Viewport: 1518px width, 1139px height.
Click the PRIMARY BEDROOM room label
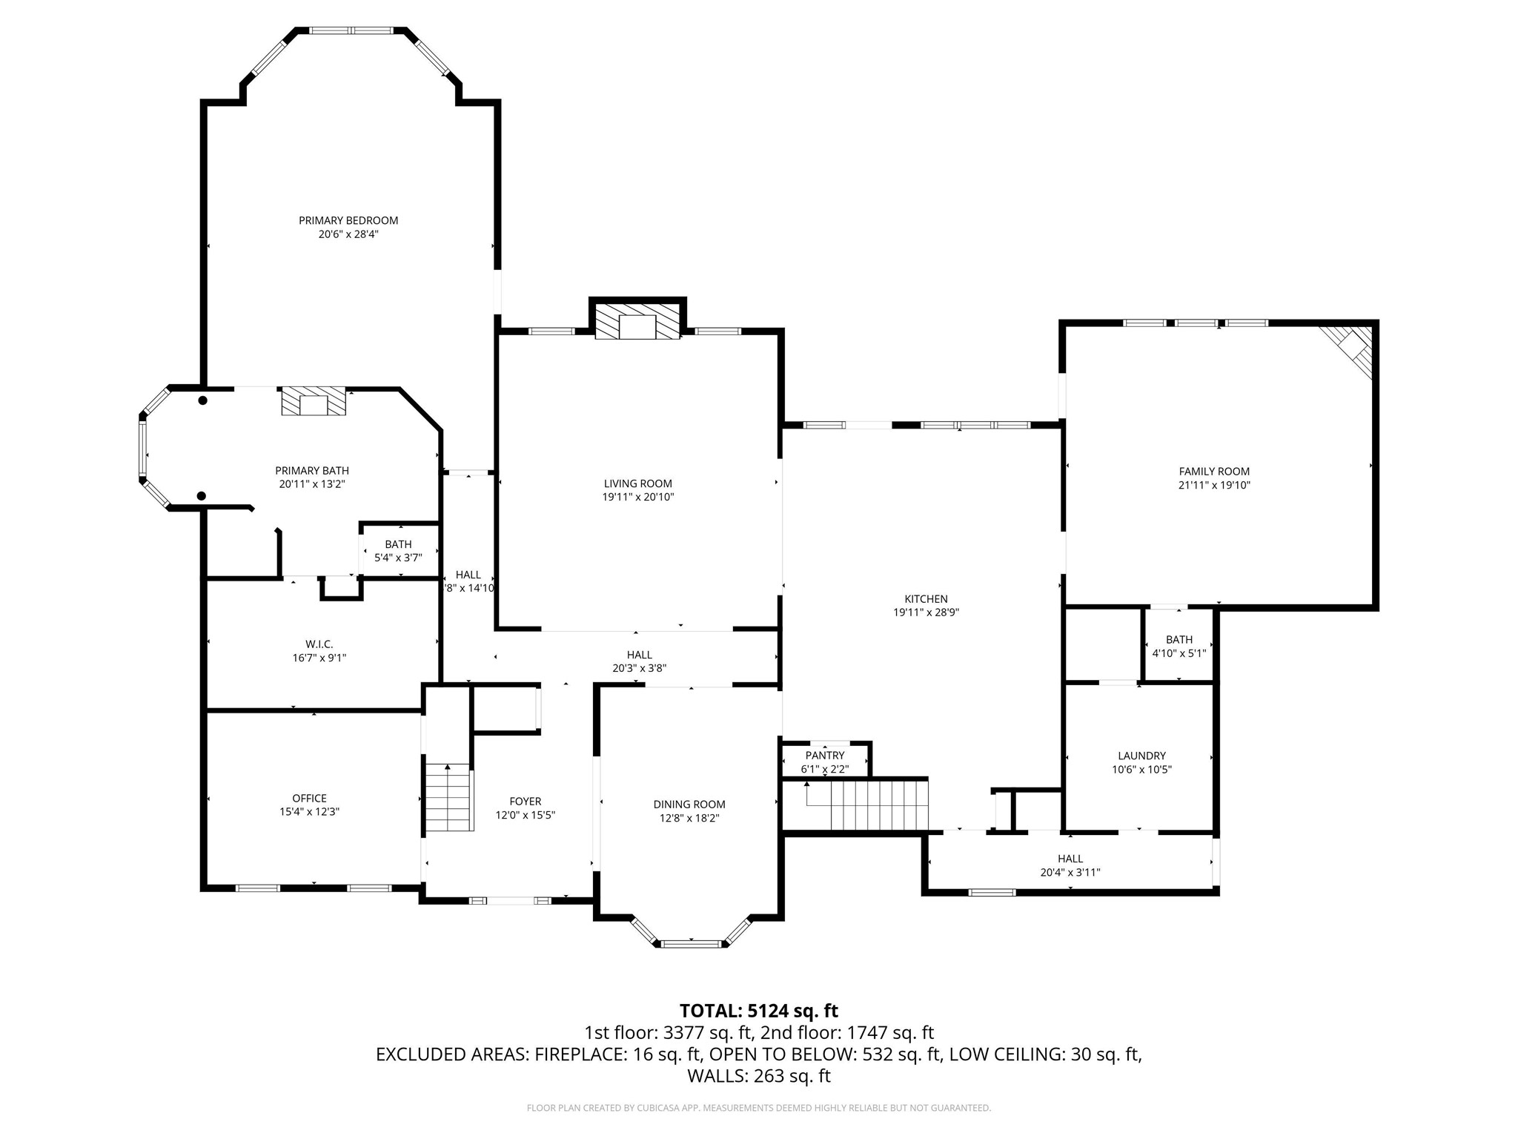348,220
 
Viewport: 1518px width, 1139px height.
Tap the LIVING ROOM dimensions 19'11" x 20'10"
638,498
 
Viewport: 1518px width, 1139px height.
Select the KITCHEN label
926,599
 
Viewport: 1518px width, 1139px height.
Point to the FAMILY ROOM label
1214,472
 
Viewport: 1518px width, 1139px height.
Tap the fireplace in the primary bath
314,402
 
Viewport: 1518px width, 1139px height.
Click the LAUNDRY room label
1141,756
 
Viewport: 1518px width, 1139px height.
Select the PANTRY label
825,756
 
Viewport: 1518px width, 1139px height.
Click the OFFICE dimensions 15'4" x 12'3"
309,812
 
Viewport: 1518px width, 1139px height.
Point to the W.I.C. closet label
319,644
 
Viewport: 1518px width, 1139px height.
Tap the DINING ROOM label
689,805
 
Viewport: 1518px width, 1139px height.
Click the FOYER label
526,802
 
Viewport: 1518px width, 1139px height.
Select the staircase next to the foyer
448,798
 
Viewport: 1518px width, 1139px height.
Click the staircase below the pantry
867,805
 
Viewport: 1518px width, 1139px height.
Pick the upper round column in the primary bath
202,400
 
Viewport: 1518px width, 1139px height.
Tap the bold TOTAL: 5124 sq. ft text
759,1011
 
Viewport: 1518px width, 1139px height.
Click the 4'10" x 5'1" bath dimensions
1179,654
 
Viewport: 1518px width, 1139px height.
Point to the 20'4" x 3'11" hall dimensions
1070,873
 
